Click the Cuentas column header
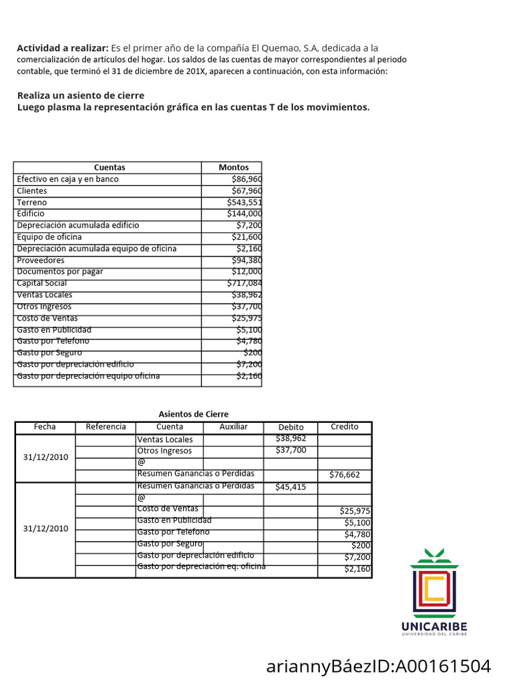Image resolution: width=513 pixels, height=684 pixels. point(109,168)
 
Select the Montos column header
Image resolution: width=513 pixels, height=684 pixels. point(234,168)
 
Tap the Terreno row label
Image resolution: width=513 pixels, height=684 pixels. point(32,202)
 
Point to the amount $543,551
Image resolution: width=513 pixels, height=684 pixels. point(244,202)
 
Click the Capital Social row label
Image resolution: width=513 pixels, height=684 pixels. point(42,283)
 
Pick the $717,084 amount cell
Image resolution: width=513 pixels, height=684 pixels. point(244,283)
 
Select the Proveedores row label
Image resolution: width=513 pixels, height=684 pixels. point(41,260)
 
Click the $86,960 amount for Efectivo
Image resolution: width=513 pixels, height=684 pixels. point(246,179)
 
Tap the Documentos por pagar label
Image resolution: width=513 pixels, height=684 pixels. point(60,272)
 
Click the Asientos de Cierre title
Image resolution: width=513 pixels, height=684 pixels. point(193,414)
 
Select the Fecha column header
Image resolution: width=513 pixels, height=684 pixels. point(45,427)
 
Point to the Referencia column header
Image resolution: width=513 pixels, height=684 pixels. point(106,427)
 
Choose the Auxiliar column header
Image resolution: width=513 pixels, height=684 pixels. point(233,427)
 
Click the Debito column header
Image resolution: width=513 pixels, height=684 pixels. point(291,427)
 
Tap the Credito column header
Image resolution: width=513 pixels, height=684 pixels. point(345,427)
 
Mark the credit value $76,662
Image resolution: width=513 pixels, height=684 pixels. point(345,475)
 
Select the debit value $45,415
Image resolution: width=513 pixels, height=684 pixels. point(291,487)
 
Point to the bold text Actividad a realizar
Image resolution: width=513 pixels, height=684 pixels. point(62,48)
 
